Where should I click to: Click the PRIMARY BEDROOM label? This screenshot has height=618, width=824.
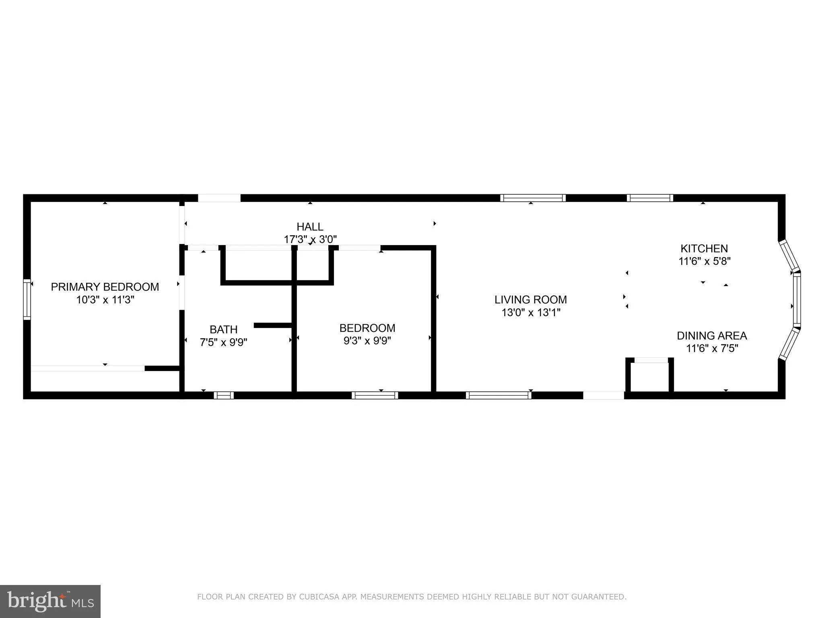pyautogui.click(x=105, y=287)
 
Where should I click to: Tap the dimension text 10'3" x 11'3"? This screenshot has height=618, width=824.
pyautogui.click(x=105, y=300)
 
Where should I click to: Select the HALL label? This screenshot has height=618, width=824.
pyautogui.click(x=310, y=227)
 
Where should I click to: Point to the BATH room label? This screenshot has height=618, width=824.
pyautogui.click(x=223, y=330)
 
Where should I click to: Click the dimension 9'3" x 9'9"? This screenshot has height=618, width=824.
pyautogui.click(x=367, y=341)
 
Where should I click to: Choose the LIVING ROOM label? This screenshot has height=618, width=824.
pyautogui.click(x=530, y=299)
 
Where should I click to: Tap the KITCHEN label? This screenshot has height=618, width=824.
pyautogui.click(x=704, y=248)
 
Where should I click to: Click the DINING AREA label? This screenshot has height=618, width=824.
pyautogui.click(x=711, y=336)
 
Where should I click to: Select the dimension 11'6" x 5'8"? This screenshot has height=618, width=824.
pyautogui.click(x=704, y=261)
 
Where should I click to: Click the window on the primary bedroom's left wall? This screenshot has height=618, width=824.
pyautogui.click(x=27, y=299)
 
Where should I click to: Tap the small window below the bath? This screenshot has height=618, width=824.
pyautogui.click(x=223, y=395)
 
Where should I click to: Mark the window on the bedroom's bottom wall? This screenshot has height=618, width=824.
pyautogui.click(x=375, y=395)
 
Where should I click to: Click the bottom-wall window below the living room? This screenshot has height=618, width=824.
pyautogui.click(x=498, y=395)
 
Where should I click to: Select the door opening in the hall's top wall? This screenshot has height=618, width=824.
pyautogui.click(x=219, y=198)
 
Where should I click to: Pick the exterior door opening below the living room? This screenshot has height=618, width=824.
pyautogui.click(x=604, y=395)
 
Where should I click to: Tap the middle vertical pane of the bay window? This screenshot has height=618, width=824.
pyautogui.click(x=797, y=299)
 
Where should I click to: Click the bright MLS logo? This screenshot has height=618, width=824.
pyautogui.click(x=50, y=601)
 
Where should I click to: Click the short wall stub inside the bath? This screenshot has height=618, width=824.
pyautogui.click(x=273, y=325)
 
